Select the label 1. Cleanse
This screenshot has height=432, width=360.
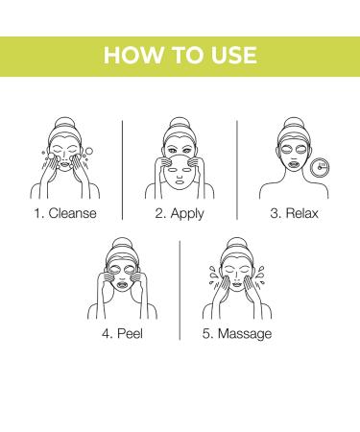tap(65, 213)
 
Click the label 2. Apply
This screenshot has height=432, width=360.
tap(180, 214)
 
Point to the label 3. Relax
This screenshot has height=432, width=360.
tap(294, 213)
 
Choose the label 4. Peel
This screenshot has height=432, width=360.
tap(122, 334)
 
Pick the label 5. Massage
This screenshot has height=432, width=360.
tap(237, 334)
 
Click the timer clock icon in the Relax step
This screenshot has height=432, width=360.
tap(321, 167)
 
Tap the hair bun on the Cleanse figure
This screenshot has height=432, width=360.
tap(65, 123)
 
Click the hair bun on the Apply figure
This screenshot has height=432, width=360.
tap(180, 123)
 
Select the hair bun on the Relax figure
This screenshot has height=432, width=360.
tap(294, 123)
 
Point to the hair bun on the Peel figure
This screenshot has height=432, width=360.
tap(122, 243)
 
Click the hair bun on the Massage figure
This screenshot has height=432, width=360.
tap(237, 243)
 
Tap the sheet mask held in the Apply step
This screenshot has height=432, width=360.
tap(180, 175)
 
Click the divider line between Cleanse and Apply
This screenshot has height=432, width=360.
tap(123, 170)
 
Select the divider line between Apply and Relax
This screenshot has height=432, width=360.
tap(237, 170)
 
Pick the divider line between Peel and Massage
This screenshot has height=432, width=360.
tap(180, 290)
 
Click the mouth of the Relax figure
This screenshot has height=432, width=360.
tap(294, 165)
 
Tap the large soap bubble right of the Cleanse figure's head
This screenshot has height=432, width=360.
tap(89, 151)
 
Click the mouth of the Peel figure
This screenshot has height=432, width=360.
tap(122, 284)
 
